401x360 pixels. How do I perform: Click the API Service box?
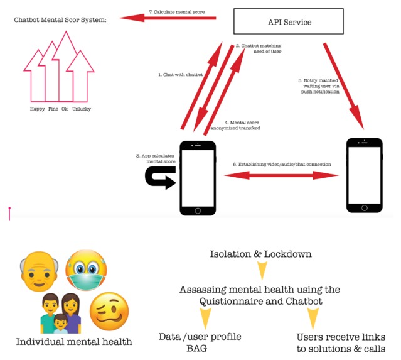coord(289,23)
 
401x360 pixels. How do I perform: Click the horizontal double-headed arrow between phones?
coord(282,176)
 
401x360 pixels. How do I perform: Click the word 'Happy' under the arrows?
coord(38,109)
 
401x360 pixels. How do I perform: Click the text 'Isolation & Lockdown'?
coord(260,254)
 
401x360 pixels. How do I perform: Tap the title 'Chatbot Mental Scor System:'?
coord(60,19)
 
